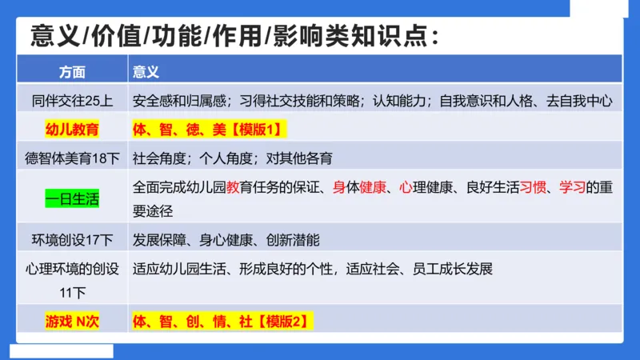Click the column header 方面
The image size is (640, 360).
[x=72, y=71]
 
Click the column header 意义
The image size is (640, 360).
[x=146, y=71]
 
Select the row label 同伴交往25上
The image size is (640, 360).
[x=72, y=101]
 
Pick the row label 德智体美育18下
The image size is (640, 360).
[x=72, y=158]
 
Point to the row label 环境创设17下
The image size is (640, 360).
[x=72, y=239]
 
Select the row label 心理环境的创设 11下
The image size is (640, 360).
[x=72, y=279]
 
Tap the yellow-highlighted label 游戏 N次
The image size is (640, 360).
[x=72, y=322]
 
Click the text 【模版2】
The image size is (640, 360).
[x=282, y=322]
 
